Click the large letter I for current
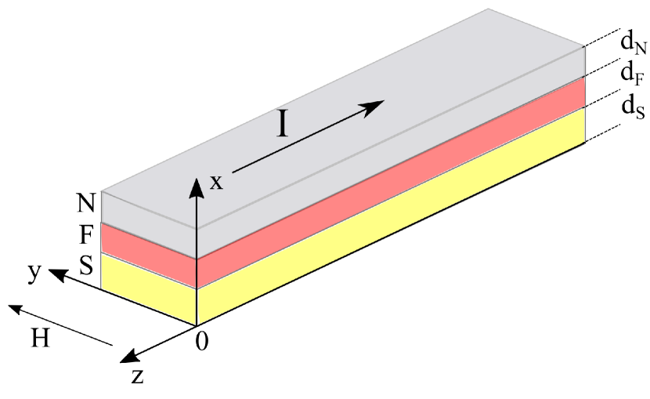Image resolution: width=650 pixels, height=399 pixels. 283,124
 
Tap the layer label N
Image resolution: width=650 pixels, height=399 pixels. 86,203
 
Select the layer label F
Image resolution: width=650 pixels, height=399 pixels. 87,235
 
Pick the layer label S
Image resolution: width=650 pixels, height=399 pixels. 87,265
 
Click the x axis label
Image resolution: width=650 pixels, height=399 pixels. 217,183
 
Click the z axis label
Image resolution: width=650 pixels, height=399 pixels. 137,375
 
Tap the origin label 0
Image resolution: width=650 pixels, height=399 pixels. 202,342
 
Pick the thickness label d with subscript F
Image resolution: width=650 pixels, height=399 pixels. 630,74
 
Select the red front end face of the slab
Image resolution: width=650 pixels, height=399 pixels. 149,248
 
